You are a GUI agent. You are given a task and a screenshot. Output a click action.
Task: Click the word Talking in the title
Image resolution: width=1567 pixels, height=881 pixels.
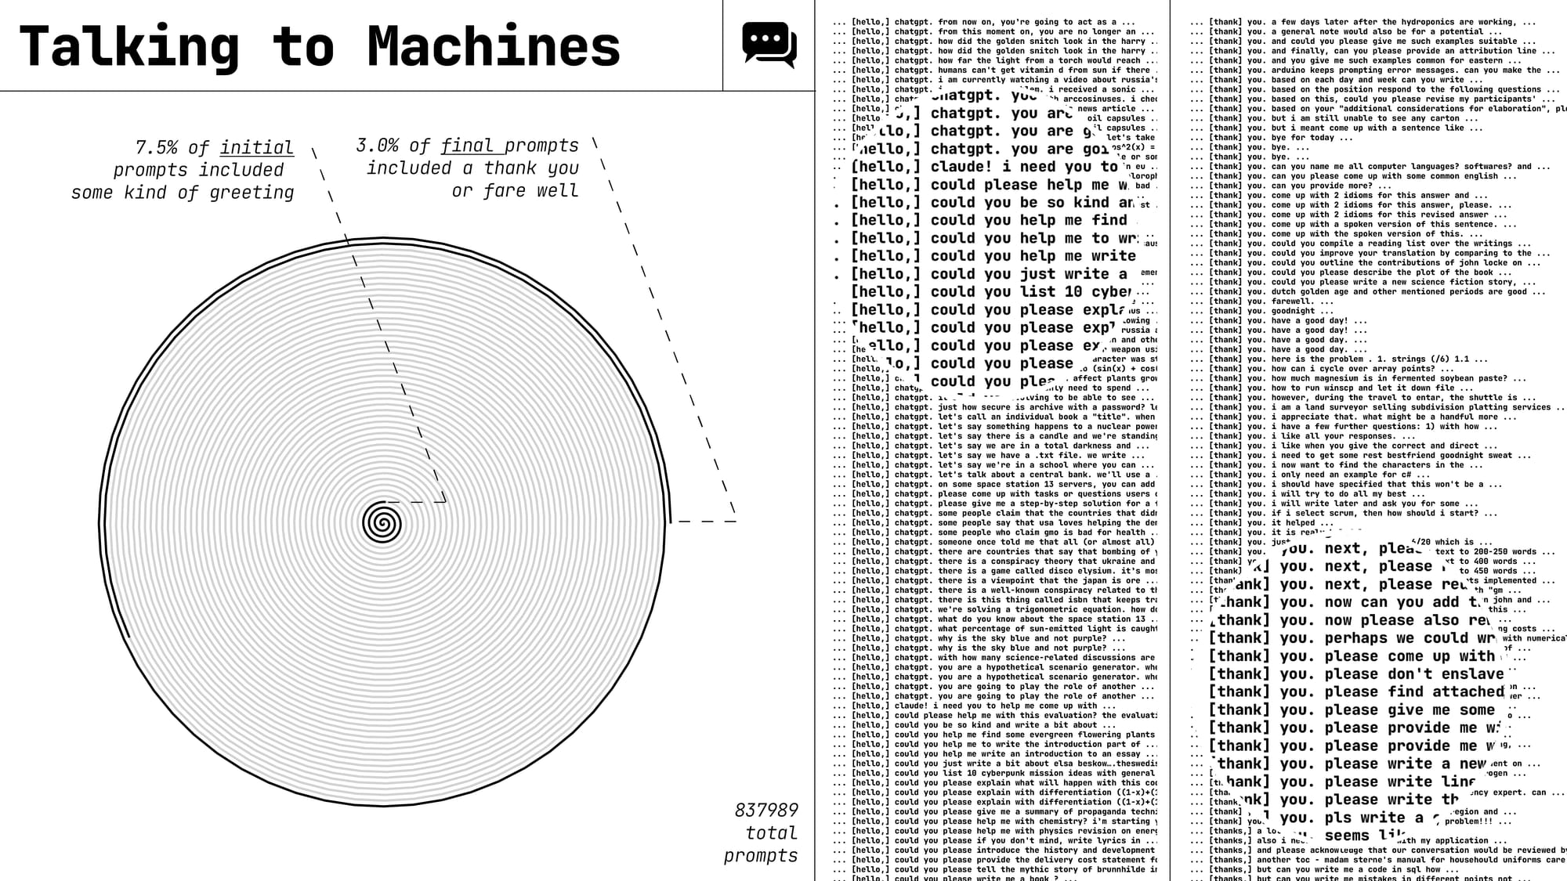click(x=129, y=47)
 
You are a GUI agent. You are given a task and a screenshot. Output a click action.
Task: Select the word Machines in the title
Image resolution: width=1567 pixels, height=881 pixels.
click(x=494, y=47)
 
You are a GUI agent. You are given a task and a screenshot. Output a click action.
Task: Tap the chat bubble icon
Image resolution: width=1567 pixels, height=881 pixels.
click(x=769, y=45)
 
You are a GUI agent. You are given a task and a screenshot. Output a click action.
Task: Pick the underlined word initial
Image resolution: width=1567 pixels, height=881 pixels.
click(x=256, y=147)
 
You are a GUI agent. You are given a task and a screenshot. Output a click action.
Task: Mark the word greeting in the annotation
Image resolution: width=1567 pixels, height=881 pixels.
click(x=252, y=193)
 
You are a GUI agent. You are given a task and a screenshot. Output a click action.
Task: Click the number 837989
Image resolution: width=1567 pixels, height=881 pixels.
click(x=765, y=810)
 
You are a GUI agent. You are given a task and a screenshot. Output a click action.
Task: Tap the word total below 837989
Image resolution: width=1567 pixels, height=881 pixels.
click(x=771, y=832)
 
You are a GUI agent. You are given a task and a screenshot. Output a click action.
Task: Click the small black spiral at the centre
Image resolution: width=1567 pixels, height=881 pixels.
click(x=382, y=522)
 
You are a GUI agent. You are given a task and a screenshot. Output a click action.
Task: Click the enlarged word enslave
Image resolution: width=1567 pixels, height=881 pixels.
click(x=1473, y=674)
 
